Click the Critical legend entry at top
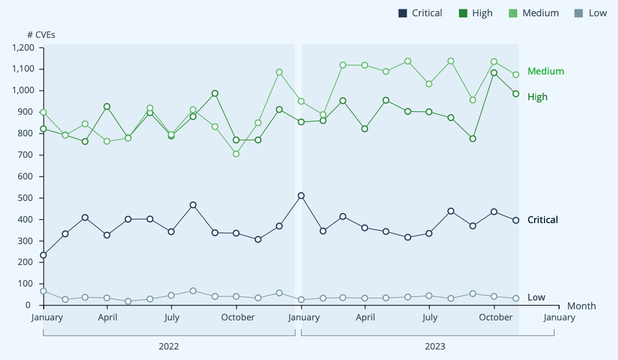point(420,13)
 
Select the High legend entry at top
point(475,13)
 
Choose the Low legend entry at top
point(590,13)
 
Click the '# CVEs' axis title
point(41,34)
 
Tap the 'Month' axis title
point(581,306)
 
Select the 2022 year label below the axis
point(169,347)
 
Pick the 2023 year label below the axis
point(435,347)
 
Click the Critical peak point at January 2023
point(301,196)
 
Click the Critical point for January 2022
point(43,255)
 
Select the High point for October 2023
point(494,73)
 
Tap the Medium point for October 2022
point(236,154)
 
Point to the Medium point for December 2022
point(279,72)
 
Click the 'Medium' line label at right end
point(546,71)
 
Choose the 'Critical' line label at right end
point(542,220)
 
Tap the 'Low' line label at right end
point(536,297)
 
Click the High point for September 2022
point(215,93)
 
